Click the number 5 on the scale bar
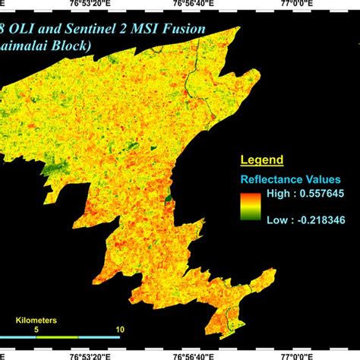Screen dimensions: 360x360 pos(36,329)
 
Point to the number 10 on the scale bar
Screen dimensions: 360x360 pos(118,329)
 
